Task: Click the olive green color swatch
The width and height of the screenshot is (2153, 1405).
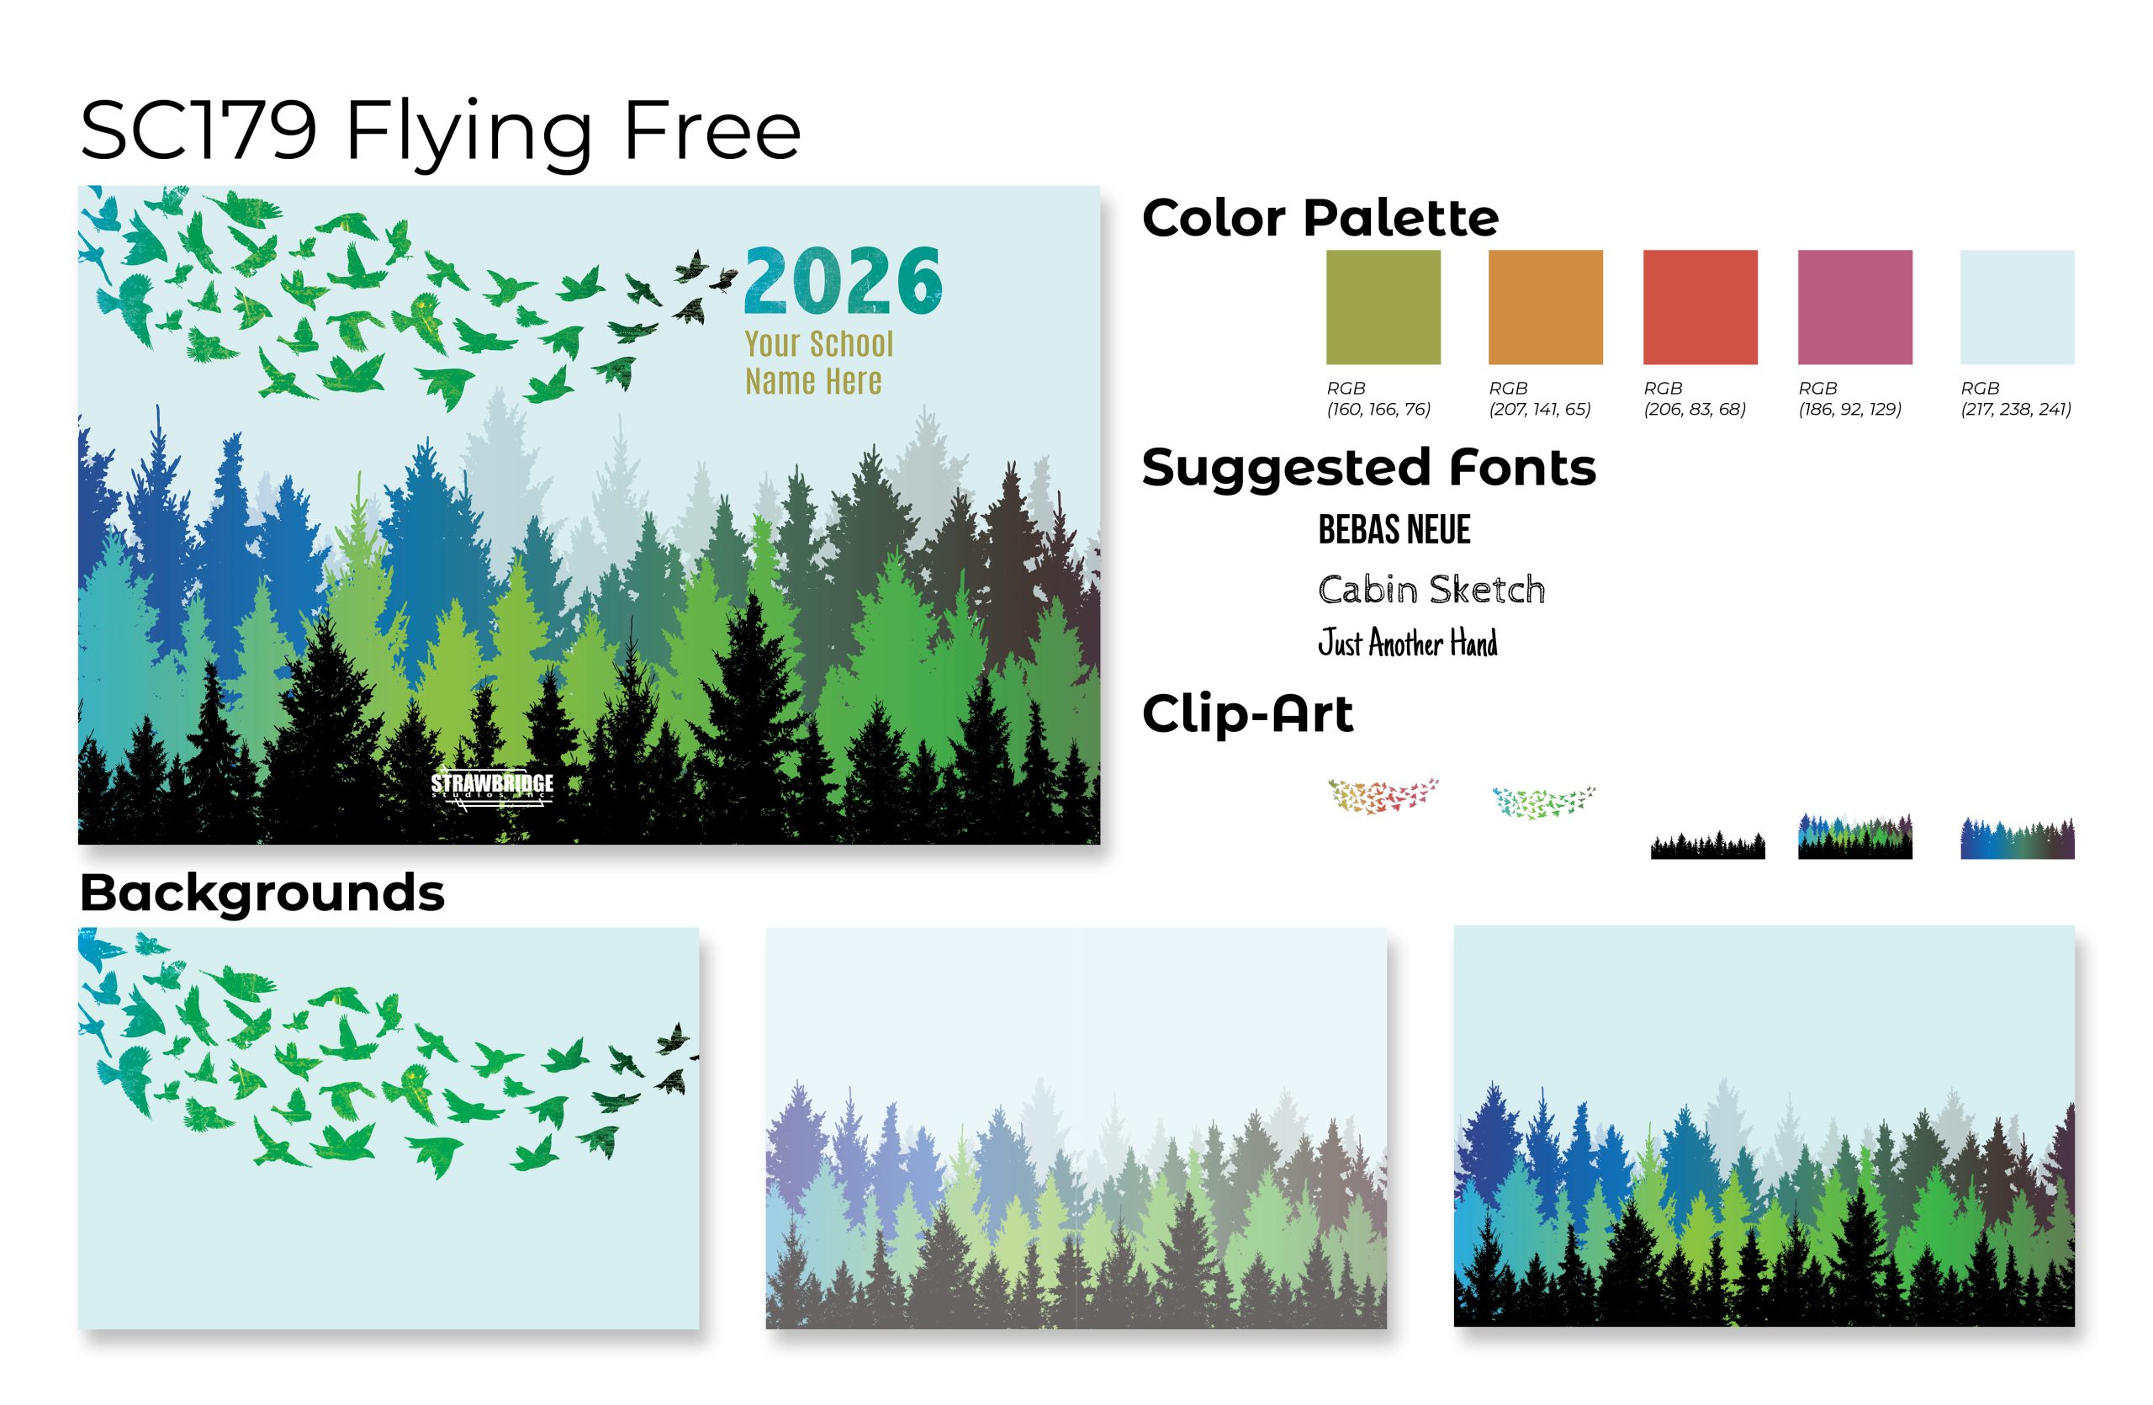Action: coord(1383,308)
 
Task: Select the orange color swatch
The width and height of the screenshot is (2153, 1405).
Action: coord(1546,308)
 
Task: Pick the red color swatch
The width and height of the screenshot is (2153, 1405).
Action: coord(1701,308)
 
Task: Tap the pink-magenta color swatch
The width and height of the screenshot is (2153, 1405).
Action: coord(1855,308)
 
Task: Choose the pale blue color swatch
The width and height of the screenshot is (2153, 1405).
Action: coord(2018,308)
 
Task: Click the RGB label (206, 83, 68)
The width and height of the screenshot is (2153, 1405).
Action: coord(1695,399)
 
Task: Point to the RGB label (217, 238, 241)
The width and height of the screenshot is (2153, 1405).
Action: coord(2016,399)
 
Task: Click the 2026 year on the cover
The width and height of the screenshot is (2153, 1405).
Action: coord(843,280)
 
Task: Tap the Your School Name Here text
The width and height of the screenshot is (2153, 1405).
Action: coord(818,363)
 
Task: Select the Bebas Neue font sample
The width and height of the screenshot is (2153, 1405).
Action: coord(1394,529)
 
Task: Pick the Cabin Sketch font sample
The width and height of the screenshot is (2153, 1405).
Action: coord(1431,590)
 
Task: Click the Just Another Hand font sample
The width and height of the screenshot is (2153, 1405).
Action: coord(1408,644)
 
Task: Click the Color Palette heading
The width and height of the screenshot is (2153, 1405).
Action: coord(1320,218)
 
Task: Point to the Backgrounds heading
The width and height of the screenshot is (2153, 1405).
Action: coord(262,893)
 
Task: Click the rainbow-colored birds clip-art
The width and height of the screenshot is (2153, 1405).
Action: coord(1383,796)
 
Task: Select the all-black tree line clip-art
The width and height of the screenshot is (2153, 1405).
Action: coord(1708,846)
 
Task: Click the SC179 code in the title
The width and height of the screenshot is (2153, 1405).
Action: coord(199,131)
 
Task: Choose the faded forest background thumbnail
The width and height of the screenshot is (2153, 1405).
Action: coord(1076,1128)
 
